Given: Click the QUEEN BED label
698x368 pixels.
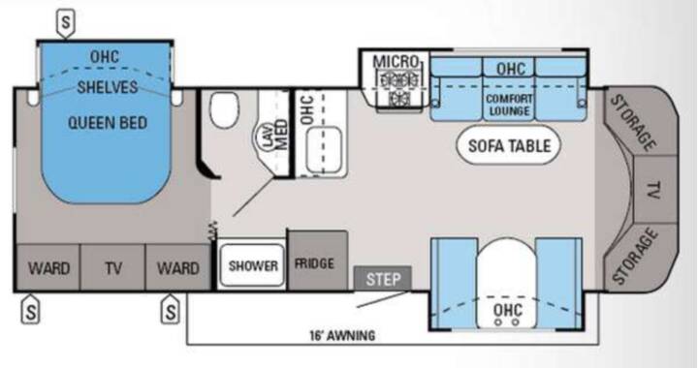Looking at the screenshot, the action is click(x=108, y=123).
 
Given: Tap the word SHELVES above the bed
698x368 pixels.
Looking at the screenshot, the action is click(x=108, y=87).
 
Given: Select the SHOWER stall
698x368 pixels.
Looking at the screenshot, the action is click(x=252, y=265).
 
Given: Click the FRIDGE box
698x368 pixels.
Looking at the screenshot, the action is click(x=317, y=261).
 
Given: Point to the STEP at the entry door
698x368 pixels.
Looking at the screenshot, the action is click(x=382, y=278).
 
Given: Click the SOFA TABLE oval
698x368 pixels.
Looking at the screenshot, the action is click(x=509, y=146).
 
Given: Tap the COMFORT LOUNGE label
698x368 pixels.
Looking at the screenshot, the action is click(x=509, y=105).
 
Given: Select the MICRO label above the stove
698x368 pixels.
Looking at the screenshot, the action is click(x=396, y=62).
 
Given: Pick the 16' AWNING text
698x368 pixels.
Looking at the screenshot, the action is click(x=342, y=335).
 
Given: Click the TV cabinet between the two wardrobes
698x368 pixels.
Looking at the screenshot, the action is click(x=112, y=267).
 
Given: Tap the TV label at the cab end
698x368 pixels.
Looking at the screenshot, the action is click(x=653, y=190).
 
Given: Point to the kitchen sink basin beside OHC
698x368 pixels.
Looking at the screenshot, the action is click(x=324, y=149).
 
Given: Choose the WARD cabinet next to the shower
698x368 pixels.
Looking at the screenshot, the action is click(x=177, y=267).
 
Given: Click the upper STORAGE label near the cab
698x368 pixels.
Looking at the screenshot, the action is click(x=633, y=123).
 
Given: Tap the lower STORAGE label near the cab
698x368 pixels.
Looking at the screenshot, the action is click(x=634, y=256).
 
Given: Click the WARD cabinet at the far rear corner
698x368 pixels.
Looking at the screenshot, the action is click(x=48, y=267).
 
